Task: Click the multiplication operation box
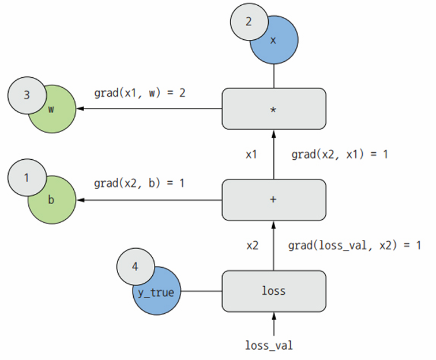pos(274,109)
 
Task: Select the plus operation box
pos(274,200)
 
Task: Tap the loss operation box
pos(274,291)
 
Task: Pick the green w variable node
pos(55,114)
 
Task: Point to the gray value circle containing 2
pos(249,22)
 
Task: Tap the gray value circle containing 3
pos(27,95)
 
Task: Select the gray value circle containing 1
pos(27,178)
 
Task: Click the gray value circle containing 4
pos(136,267)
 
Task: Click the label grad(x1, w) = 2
pos(140,93)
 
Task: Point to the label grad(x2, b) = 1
pos(139,183)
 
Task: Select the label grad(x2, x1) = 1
pos(340,155)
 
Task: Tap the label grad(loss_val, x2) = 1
pos(355,245)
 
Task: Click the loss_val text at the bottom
pos(269,345)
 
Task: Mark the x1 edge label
pos(251,155)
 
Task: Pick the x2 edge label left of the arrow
pos(253,246)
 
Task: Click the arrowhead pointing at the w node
pos(80,108)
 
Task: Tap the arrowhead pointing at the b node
pos(80,200)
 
